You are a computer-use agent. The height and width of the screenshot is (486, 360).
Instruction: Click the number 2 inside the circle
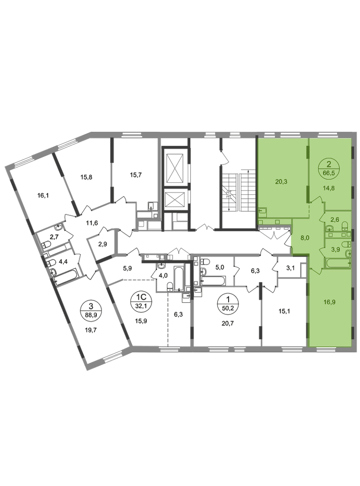(329, 164)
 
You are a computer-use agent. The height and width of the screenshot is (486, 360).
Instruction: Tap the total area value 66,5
(329, 172)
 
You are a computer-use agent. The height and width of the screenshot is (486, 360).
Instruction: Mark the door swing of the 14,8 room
(317, 202)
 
